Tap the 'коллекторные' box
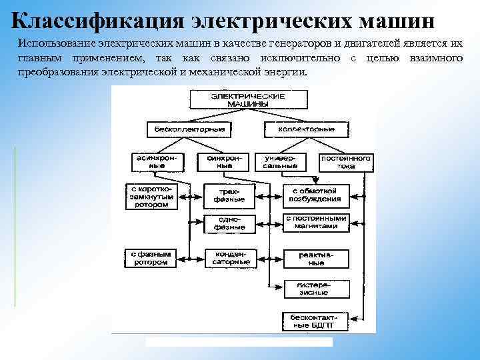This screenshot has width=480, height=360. point(299,127)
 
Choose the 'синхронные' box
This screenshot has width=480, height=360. point(223,161)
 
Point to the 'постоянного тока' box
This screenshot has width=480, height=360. point(347,162)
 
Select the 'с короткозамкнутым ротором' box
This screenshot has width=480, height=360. point(151,197)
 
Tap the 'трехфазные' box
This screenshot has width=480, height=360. point(229,195)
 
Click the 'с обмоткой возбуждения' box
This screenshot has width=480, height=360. point(315,194)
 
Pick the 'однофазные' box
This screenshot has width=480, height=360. point(229,223)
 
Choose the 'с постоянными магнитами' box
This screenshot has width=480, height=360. point(316,222)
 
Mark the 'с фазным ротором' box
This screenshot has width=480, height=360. point(151,258)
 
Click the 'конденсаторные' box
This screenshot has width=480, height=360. point(229,258)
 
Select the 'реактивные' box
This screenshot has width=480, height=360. point(316,258)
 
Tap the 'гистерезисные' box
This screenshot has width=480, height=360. point(313,289)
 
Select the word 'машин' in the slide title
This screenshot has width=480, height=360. point(397,19)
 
